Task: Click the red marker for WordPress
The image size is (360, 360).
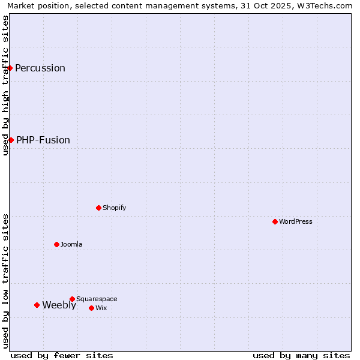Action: click(x=275, y=221)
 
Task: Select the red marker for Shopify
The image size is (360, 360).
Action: click(x=99, y=208)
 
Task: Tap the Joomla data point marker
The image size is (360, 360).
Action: click(x=57, y=244)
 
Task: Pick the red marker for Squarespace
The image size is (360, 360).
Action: click(x=73, y=299)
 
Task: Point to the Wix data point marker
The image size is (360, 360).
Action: click(x=92, y=308)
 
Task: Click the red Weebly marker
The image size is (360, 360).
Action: click(x=37, y=305)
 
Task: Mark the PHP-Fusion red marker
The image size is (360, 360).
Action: click(x=11, y=140)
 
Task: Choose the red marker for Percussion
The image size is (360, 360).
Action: click(x=10, y=68)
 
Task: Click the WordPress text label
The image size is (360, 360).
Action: click(x=296, y=221)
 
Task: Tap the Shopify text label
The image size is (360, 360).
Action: click(x=115, y=208)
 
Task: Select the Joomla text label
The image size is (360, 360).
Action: click(x=71, y=244)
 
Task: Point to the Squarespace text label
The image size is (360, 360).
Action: click(x=97, y=299)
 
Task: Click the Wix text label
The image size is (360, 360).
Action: click(x=101, y=308)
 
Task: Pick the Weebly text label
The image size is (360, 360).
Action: click(x=59, y=305)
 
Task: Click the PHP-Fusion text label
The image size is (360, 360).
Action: click(x=43, y=140)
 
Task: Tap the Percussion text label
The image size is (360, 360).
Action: click(x=40, y=68)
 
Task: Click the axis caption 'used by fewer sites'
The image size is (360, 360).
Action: click(x=62, y=355)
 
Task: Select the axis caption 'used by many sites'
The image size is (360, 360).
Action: click(x=301, y=355)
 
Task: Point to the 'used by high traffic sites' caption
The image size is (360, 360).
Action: click(x=5, y=85)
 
